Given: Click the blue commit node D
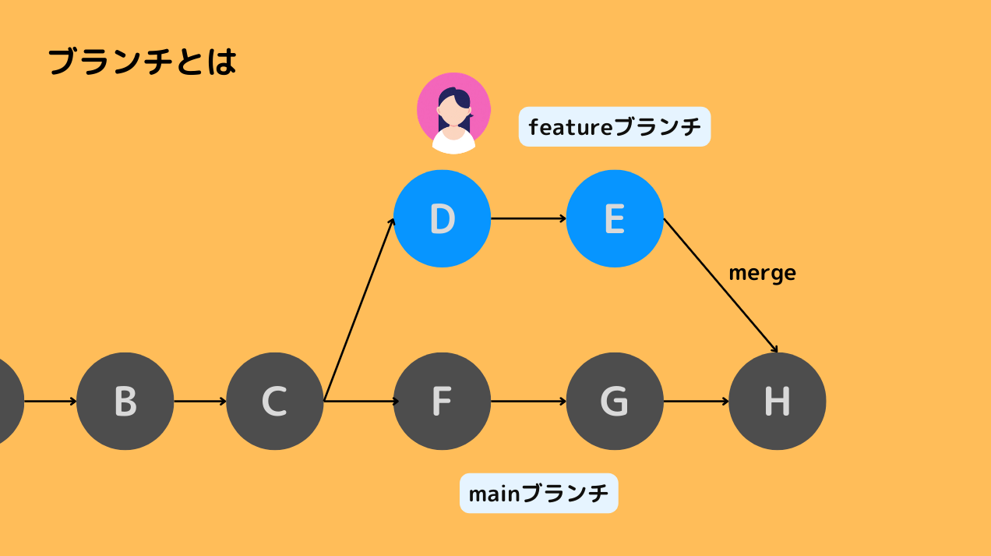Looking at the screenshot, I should pyautogui.click(x=442, y=218).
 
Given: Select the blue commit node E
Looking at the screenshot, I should pyautogui.click(x=615, y=218).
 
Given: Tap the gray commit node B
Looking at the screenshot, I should pyautogui.click(x=125, y=401).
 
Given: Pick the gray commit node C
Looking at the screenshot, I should pyautogui.click(x=274, y=401).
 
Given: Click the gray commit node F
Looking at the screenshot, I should pyautogui.click(x=442, y=401).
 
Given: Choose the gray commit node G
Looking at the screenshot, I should pyautogui.click(x=615, y=401).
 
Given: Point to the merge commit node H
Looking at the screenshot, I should pyautogui.click(x=777, y=401).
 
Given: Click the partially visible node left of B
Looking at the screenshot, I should pyautogui.click(x=8, y=401).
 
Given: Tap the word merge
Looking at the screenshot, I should pyautogui.click(x=762, y=273).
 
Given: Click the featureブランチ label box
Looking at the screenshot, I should pyautogui.click(x=615, y=126).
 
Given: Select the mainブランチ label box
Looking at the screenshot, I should pyautogui.click(x=538, y=493).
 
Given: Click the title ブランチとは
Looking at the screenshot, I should pyautogui.click(x=142, y=62).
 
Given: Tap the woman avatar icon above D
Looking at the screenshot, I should pyautogui.click(x=453, y=113).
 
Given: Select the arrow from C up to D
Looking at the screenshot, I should pyautogui.click(x=359, y=310).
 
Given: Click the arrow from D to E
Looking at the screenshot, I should pyautogui.click(x=528, y=218).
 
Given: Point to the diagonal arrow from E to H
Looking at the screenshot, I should pyautogui.click(x=720, y=285).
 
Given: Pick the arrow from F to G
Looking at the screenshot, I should pyautogui.click(x=528, y=402).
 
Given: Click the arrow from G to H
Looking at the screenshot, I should pyautogui.click(x=696, y=402).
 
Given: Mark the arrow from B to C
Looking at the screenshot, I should pyautogui.click(x=199, y=402).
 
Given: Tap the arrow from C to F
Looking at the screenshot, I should pyautogui.click(x=360, y=402).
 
